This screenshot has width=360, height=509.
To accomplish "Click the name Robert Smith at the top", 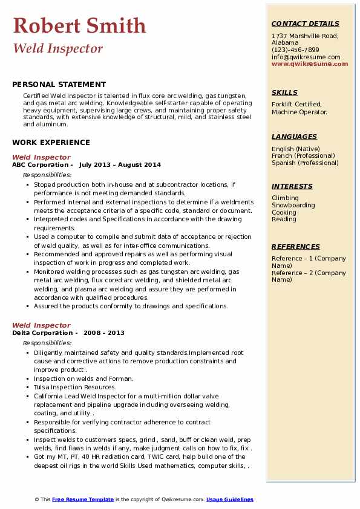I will (x=79, y=26).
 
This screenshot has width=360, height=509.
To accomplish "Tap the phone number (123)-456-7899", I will (x=295, y=50).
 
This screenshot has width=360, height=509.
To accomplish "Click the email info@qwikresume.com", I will (x=306, y=57).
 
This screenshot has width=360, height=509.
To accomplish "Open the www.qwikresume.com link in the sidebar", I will (x=310, y=63).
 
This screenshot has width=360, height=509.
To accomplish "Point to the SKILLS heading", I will (x=284, y=92).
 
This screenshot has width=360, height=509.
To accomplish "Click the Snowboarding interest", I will (x=293, y=205).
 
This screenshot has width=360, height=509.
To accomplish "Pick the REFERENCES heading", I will (x=296, y=247).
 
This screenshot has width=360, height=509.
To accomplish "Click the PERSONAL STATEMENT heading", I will (x=59, y=85).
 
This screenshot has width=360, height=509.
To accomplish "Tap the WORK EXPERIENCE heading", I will (x=51, y=143).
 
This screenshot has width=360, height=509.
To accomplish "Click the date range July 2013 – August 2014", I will (x=120, y=164).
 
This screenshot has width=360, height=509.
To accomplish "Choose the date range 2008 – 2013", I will (x=103, y=332).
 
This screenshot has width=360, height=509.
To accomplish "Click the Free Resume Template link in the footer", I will (x=82, y=499).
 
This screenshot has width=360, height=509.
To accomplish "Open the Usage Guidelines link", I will (x=229, y=499).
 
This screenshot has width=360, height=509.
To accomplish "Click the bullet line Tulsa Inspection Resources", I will (x=75, y=387).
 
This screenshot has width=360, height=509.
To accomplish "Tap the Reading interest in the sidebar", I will (x=284, y=219).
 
